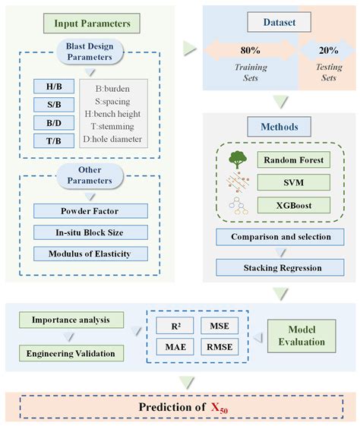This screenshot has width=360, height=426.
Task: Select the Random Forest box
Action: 293,161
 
